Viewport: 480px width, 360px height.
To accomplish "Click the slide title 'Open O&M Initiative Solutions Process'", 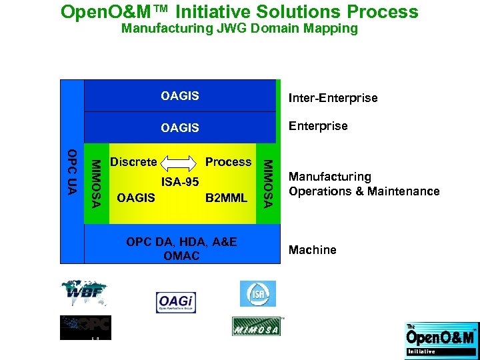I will [239, 12].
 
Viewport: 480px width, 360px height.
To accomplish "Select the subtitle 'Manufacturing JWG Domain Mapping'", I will [239, 29].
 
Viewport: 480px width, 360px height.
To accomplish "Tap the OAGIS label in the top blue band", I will [180, 96].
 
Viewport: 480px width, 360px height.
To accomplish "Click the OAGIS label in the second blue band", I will [180, 127].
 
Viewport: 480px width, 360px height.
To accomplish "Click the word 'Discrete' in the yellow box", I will [133, 162].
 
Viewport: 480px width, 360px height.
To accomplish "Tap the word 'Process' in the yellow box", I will [228, 162].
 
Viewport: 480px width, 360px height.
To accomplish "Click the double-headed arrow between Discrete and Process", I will [180, 162].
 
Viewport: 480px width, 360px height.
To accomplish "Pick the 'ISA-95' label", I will [180, 182].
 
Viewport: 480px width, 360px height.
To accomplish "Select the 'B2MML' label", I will [226, 197].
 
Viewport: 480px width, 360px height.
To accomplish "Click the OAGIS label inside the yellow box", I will [135, 197].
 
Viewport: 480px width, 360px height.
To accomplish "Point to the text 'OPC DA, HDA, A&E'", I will [181, 241].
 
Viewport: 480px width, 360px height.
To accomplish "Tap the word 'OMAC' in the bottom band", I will [181, 256].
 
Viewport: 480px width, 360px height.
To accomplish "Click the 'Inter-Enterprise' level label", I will [333, 98].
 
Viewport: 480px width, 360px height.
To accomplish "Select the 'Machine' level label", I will [312, 250].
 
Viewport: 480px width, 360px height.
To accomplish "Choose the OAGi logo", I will [176, 302].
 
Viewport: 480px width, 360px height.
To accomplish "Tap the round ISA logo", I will [257, 293].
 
